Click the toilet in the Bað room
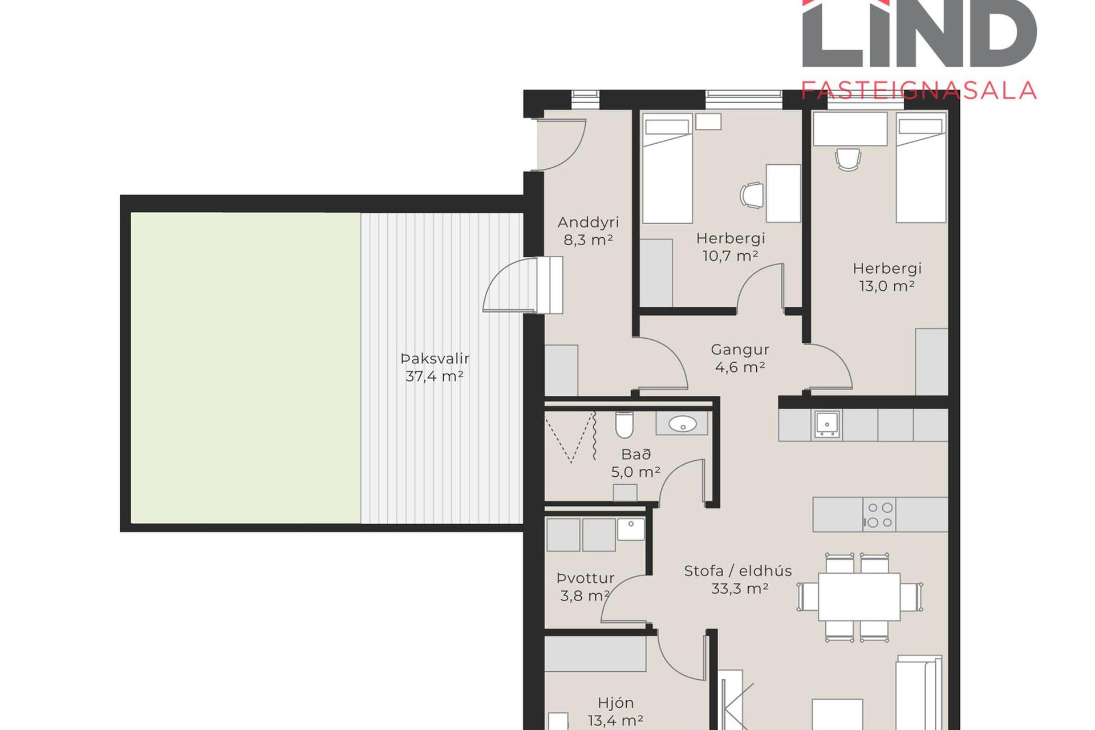(x=624, y=424)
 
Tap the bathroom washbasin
(x=682, y=424)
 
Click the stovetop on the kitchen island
(x=879, y=514)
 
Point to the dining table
(x=859, y=597)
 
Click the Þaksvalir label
(x=435, y=359)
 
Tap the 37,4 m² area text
(x=435, y=376)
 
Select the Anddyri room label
(x=588, y=222)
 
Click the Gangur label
(x=740, y=350)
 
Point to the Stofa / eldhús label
(x=738, y=571)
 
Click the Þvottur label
(x=585, y=578)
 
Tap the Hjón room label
(x=615, y=703)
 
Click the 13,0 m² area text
(x=887, y=286)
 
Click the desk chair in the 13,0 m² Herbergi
(x=847, y=159)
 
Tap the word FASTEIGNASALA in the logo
(x=919, y=91)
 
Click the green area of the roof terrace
(x=246, y=368)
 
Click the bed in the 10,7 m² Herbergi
(x=667, y=168)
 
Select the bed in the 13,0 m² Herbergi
(x=921, y=167)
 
